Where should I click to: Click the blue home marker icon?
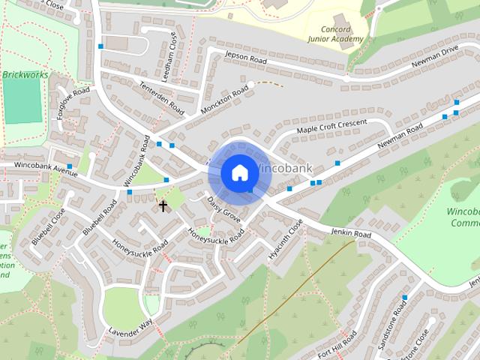click(x=239, y=172)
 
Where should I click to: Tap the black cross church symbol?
click(x=163, y=204)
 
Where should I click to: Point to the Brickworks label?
click(x=25, y=75)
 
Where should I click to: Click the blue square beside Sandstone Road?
click(x=404, y=298)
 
